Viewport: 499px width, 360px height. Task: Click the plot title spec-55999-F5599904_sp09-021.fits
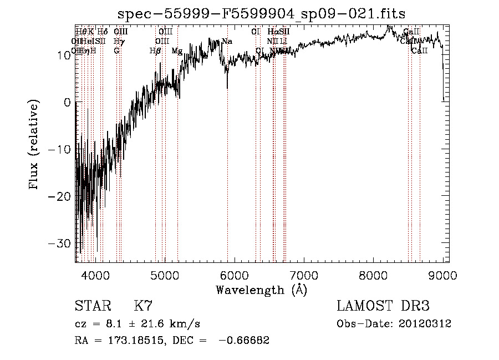(262, 14)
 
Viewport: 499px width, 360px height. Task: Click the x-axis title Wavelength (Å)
(262, 290)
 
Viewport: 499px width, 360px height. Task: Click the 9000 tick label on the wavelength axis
(442, 275)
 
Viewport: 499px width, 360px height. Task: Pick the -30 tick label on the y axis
(60, 244)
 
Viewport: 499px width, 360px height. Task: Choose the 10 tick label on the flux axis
(62, 55)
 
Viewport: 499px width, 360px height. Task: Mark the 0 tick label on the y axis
(67, 103)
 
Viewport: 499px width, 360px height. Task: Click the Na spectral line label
(227, 41)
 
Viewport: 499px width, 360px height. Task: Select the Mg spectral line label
(177, 51)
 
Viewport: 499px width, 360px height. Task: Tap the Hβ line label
(155, 51)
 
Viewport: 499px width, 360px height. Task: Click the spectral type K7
(143, 307)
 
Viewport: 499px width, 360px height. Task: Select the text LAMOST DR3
(383, 307)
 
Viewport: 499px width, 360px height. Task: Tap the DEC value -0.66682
(244, 341)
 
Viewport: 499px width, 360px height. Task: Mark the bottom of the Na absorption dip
(227, 88)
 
